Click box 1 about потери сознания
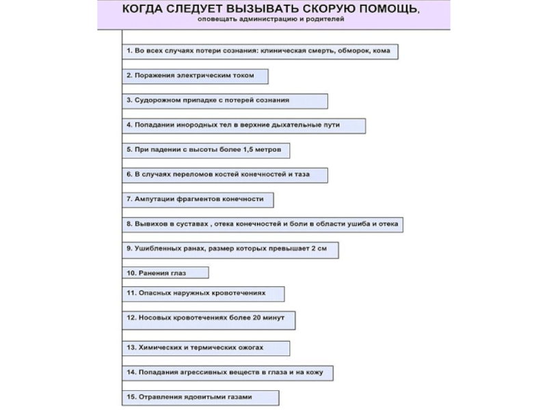(260, 51)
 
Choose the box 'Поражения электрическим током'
(195, 76)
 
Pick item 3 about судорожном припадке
(225, 100)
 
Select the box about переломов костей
(225, 175)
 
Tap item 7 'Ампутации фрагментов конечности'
(198, 200)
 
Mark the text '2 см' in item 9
(319, 249)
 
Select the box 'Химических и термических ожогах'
(206, 348)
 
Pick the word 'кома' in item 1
(382, 51)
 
